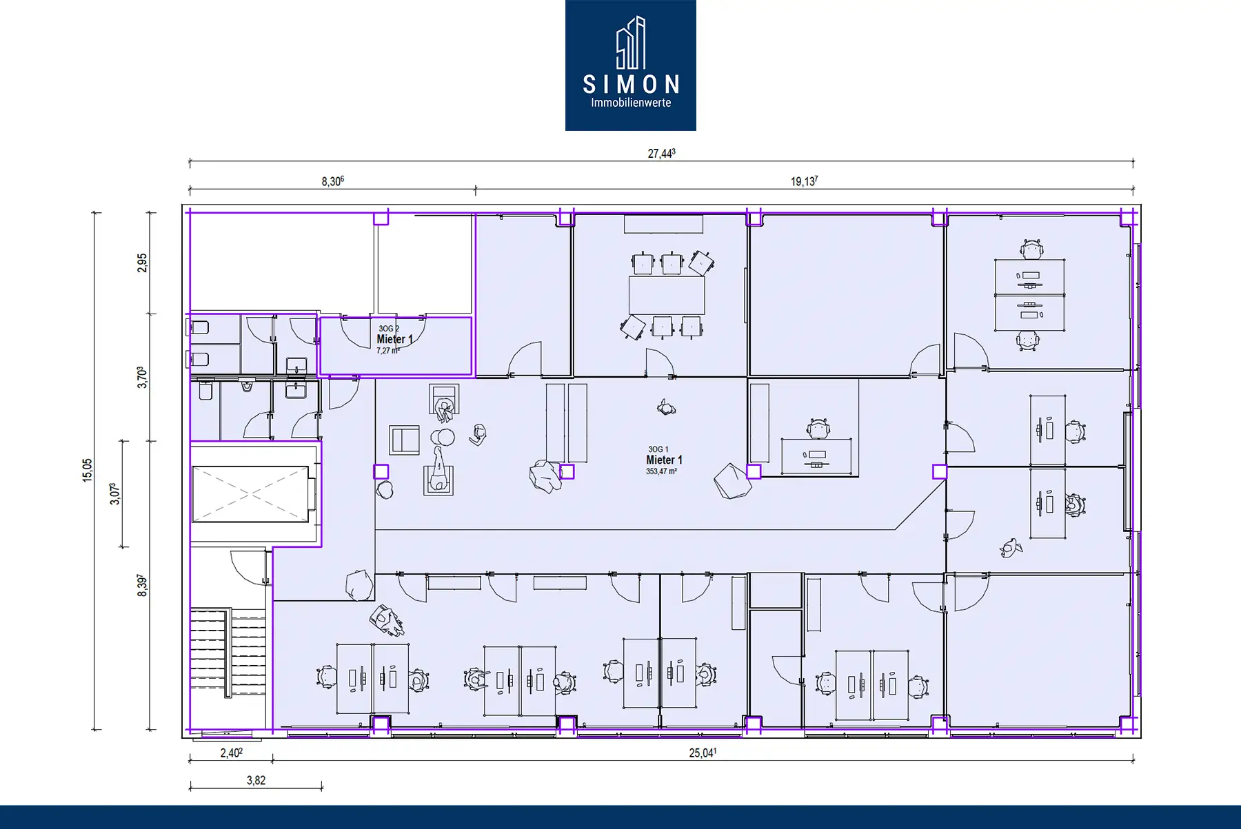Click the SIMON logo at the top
pos(630,65)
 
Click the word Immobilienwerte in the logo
pos(631,103)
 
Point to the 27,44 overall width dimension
pos(661,153)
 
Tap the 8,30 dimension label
pos(332,181)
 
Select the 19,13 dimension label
pos(804,181)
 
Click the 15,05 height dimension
pos(88,470)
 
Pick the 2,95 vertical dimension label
pos(142,263)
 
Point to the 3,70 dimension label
pos(142,377)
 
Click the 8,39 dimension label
pos(142,585)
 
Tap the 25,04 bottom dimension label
pos(703,753)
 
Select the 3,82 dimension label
pos(256,780)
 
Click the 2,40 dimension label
pos(231,753)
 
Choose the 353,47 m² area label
pos(661,471)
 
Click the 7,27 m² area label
pos(388,351)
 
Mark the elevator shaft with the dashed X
pos(251,493)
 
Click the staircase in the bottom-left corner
pos(228,651)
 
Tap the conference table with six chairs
pos(667,295)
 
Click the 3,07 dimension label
pos(115,493)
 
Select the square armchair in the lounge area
pos(404,440)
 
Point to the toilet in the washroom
pos(205,391)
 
